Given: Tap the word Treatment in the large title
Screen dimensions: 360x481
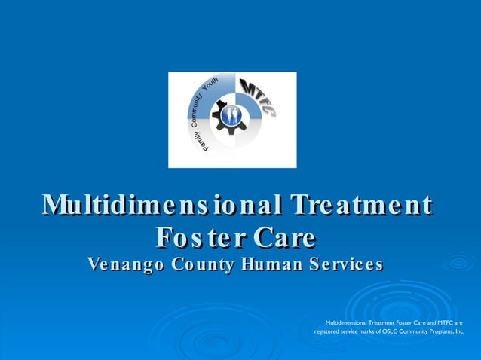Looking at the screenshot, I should coord(363,206).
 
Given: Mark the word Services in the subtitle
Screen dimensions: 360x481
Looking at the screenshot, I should coord(344,265).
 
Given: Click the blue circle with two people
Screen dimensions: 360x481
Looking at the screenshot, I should coord(232,116).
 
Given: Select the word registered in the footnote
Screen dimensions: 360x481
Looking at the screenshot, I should coord(328,331).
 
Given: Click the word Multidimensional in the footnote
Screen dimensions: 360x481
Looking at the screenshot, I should coord(346,322).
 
